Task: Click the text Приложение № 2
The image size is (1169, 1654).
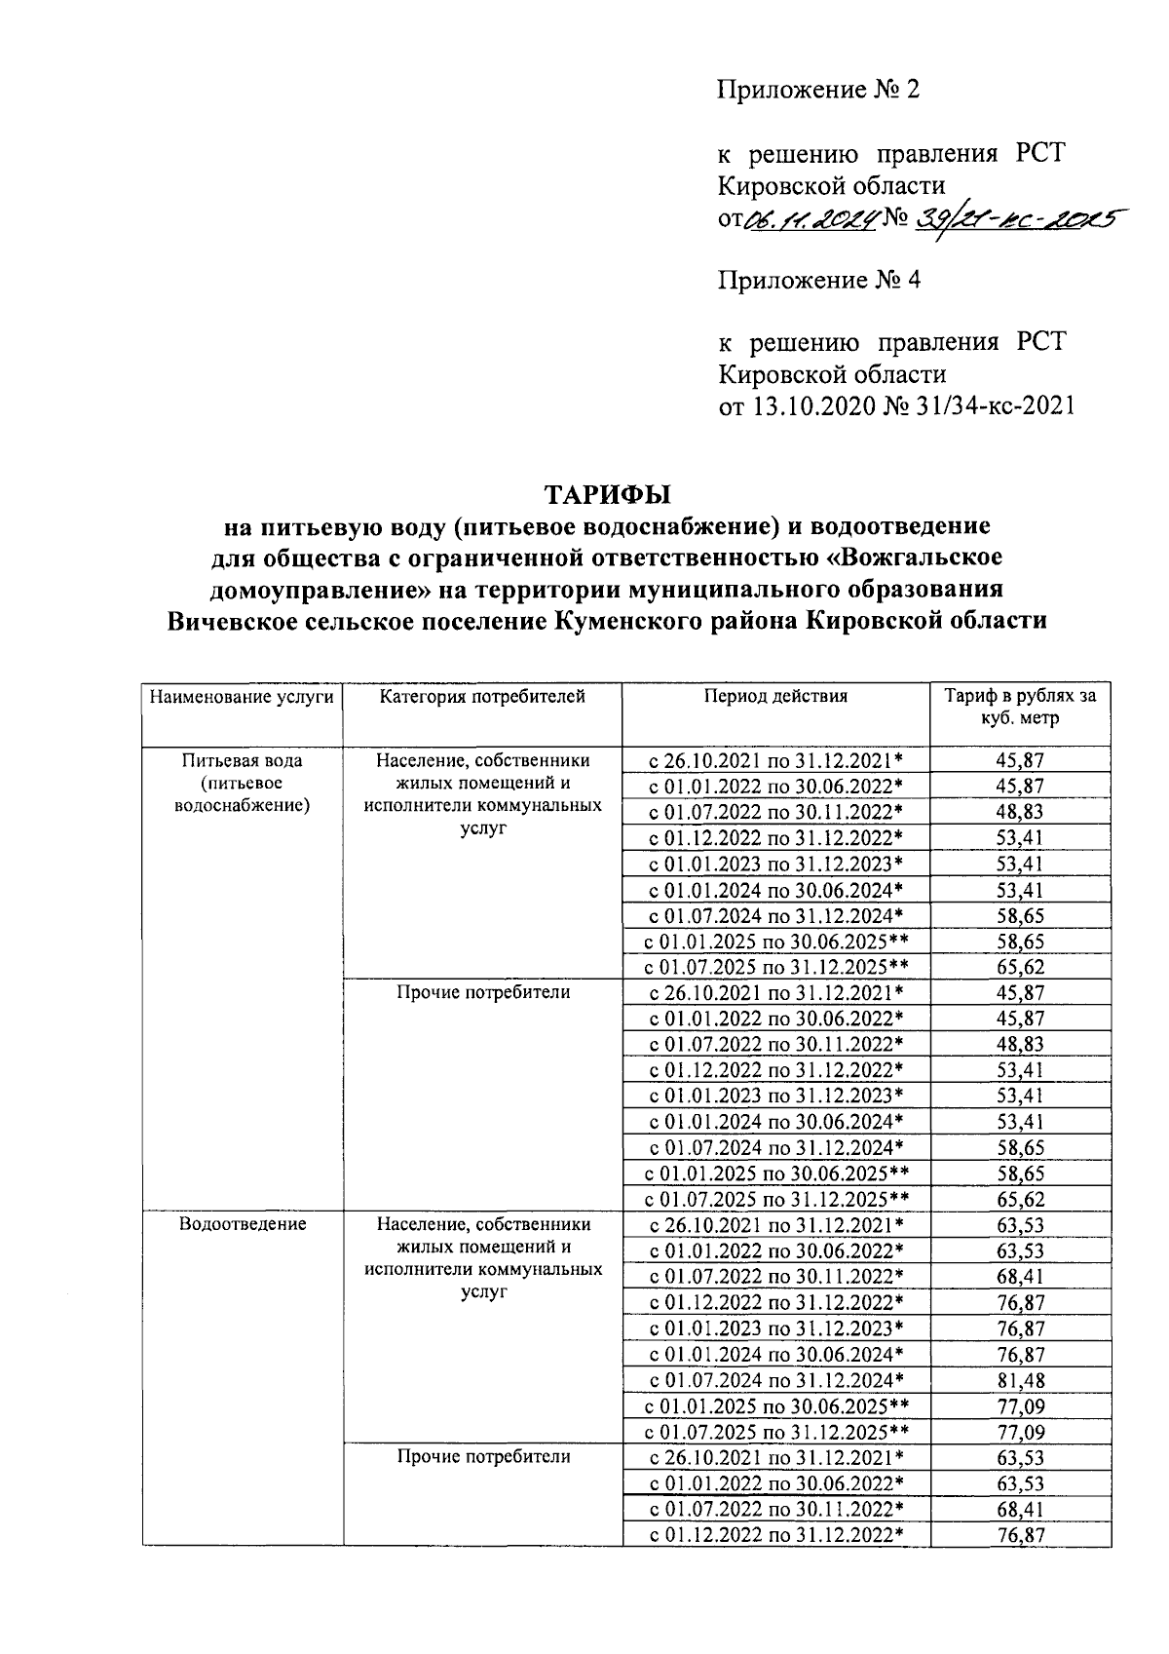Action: [818, 91]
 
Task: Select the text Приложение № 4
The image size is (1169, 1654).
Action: [818, 281]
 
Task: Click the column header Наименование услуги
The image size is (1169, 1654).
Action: [243, 697]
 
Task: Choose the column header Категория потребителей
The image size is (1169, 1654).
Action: [482, 697]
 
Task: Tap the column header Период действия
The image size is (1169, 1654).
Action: [775, 697]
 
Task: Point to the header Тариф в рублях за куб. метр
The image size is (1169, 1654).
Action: [1020, 708]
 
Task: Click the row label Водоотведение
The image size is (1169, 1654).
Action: [243, 1224]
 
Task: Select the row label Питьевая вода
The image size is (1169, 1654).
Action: [243, 760]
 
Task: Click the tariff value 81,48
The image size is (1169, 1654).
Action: [1020, 1380]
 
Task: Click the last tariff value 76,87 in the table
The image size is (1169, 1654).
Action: [1020, 1535]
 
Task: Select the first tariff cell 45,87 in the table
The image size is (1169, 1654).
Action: [1020, 760]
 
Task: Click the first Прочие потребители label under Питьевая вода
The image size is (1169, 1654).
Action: [482, 992]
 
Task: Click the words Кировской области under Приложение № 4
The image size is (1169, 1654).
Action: [832, 374]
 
